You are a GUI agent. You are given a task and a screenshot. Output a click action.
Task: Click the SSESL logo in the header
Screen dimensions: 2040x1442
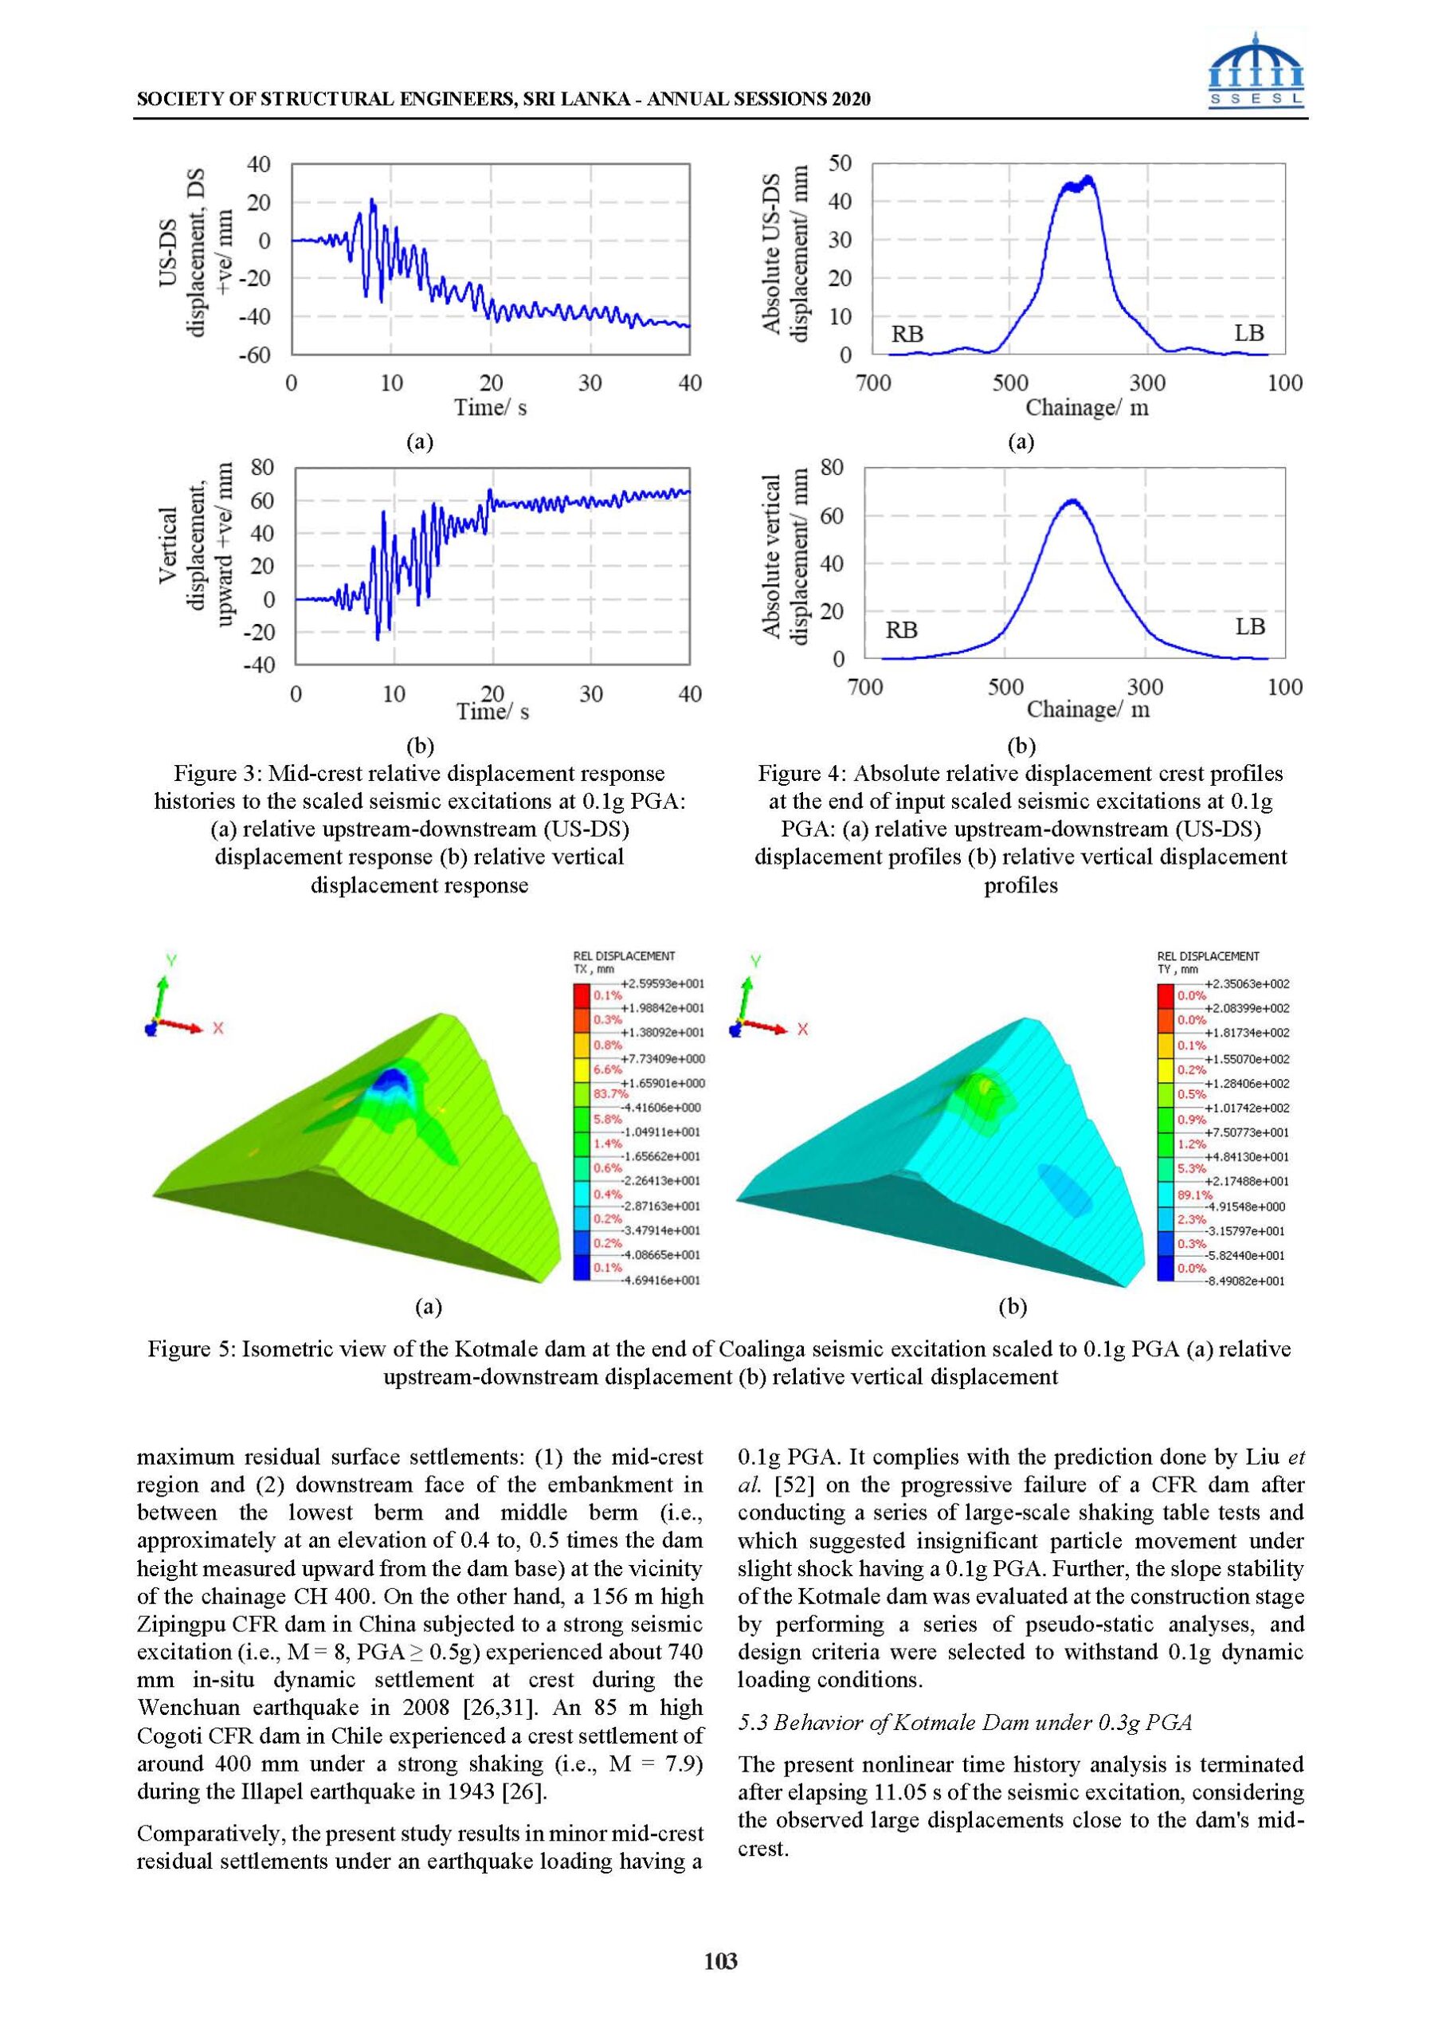[1257, 69]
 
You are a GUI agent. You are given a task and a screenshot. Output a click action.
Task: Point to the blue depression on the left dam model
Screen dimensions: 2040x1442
[389, 1082]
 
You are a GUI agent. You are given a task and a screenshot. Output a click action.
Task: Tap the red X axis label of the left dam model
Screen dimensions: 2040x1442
[217, 1029]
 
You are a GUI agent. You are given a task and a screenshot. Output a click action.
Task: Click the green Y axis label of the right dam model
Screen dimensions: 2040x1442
[755, 960]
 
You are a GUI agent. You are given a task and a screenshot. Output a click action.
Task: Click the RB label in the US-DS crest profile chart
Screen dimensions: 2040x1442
[907, 334]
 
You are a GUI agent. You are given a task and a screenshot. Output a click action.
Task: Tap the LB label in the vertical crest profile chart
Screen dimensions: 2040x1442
[1249, 626]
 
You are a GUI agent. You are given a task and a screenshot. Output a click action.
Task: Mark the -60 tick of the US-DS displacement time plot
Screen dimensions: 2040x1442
[259, 355]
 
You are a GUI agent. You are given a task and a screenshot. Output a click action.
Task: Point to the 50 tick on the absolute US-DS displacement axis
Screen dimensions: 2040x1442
[840, 163]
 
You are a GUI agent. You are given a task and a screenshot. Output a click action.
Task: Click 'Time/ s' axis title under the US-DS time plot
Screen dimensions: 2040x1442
[491, 408]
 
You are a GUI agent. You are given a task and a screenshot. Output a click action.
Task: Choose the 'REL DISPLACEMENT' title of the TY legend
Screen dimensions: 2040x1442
[1208, 956]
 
